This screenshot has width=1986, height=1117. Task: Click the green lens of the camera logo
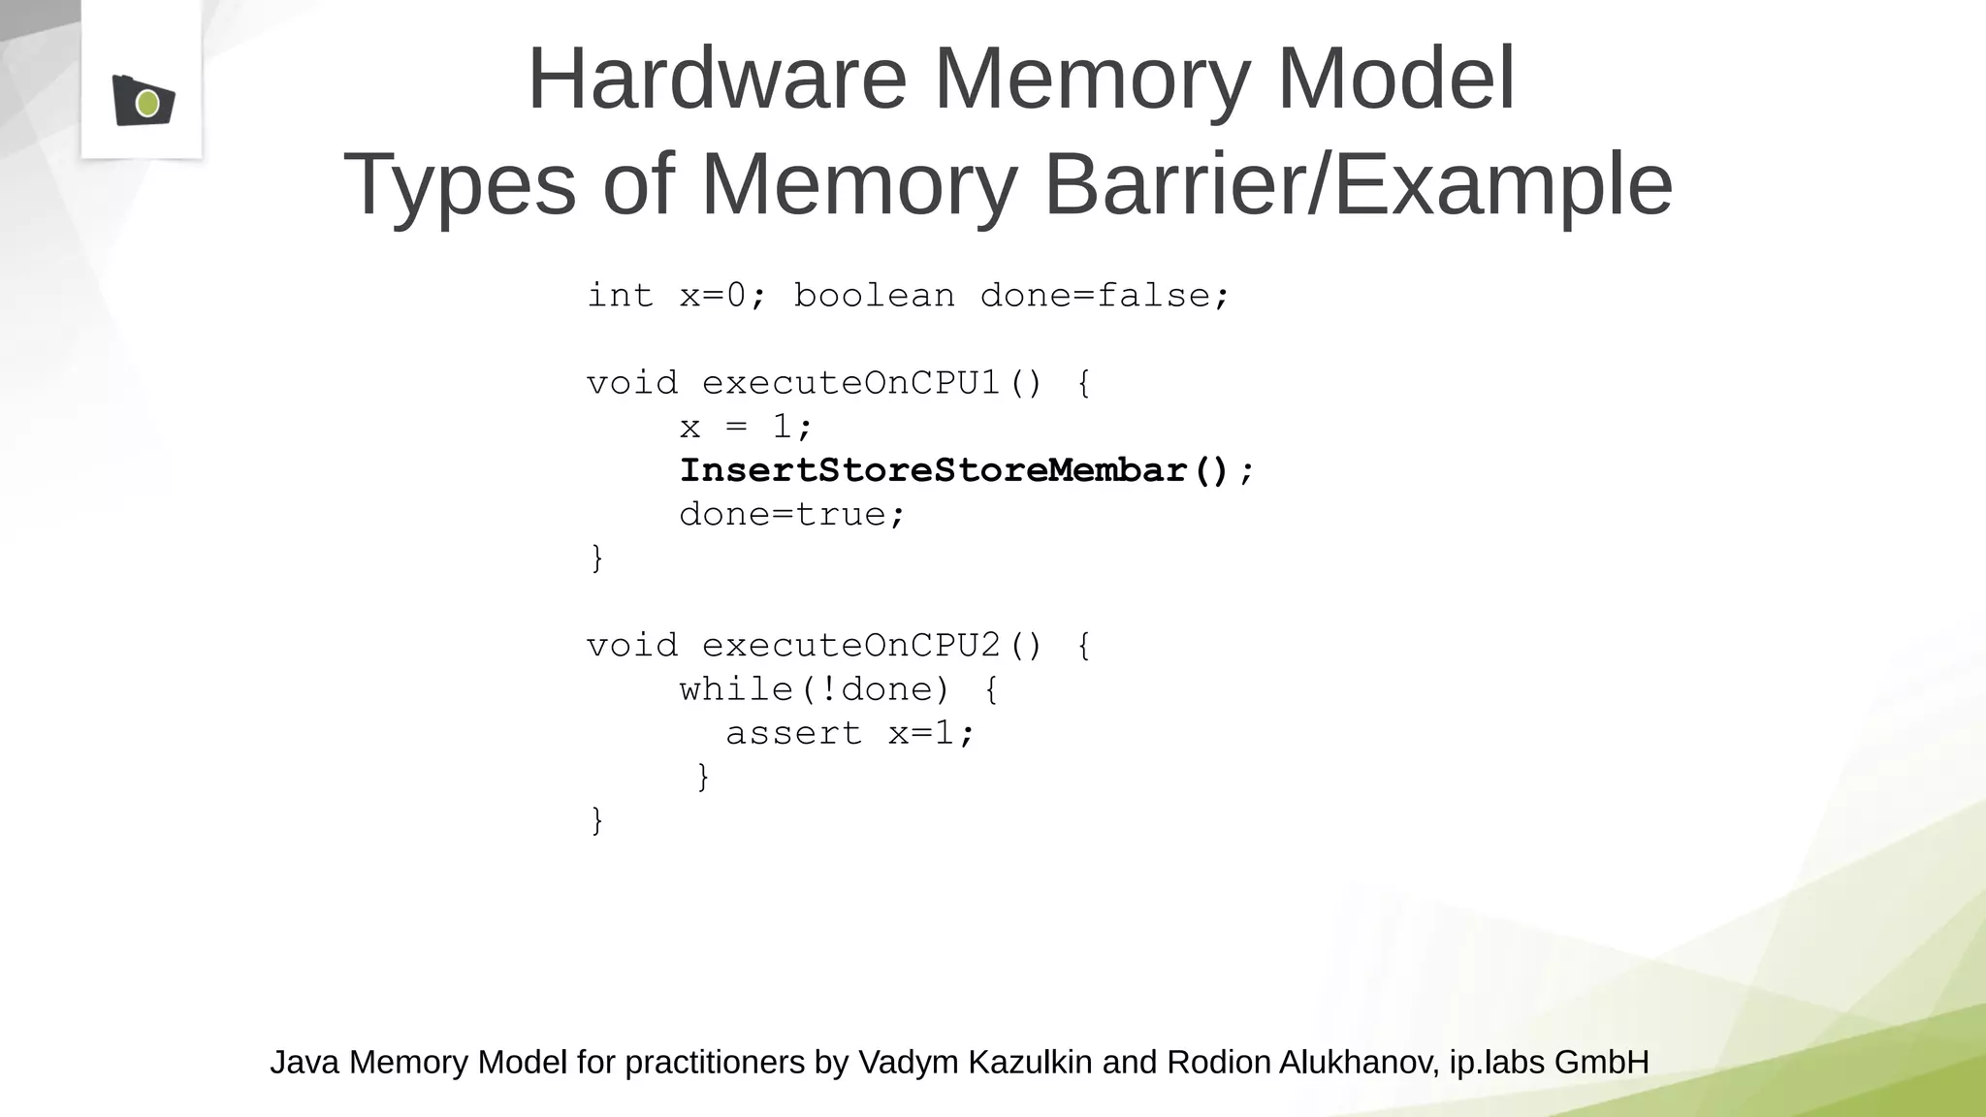click(147, 103)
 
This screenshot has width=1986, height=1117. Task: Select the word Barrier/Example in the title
click(1358, 184)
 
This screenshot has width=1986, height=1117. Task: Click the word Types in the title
click(460, 184)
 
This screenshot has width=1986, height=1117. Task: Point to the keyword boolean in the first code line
click(874, 296)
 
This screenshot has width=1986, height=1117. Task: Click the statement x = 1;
click(745, 427)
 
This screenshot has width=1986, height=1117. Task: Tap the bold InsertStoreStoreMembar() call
click(954, 471)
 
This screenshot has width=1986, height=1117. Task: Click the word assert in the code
click(793, 734)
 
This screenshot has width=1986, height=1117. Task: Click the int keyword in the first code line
click(620, 296)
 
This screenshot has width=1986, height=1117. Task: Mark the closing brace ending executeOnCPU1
click(597, 558)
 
